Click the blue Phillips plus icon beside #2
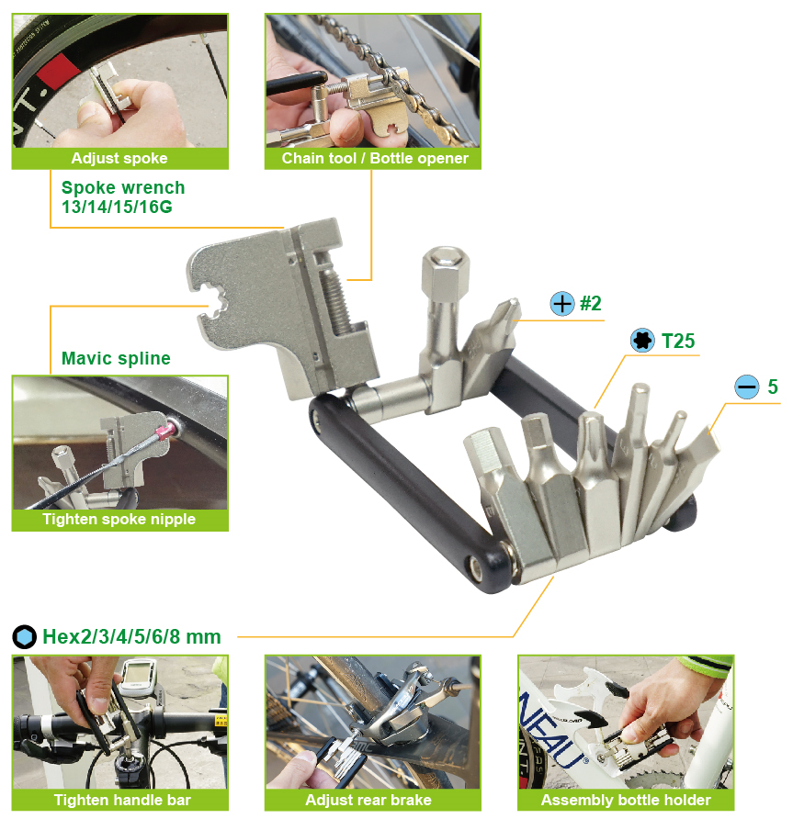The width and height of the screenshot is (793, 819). pos(562,304)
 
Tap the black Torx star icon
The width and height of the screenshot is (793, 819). pos(642,341)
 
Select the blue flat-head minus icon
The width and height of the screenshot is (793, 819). pos(747,387)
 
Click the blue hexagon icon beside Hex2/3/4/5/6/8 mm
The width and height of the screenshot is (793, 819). pos(24,636)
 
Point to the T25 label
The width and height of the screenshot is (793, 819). pos(678,341)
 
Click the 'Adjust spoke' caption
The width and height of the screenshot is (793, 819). pos(119,158)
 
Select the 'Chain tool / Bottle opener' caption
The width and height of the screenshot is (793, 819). pos(375,158)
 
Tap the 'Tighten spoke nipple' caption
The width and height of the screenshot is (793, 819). pos(119,519)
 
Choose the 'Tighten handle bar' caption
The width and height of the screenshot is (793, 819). pos(122,801)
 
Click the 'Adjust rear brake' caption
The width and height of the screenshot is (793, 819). pos(368,801)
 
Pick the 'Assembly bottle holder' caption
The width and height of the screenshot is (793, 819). pos(626,801)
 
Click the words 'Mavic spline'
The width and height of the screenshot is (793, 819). pos(116,358)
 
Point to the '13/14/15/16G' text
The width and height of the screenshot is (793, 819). pos(117,207)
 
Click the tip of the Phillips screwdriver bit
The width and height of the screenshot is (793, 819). pos(515,302)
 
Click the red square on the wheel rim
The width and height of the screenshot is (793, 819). pos(59,71)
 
